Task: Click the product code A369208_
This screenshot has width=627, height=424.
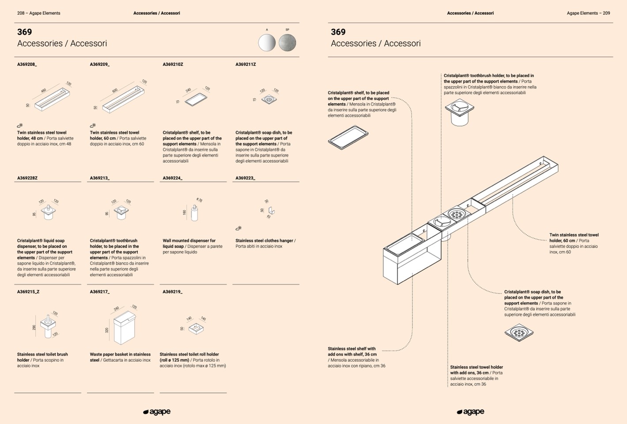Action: pyautogui.click(x=27, y=65)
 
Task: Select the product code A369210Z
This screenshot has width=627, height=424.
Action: pyautogui.click(x=173, y=65)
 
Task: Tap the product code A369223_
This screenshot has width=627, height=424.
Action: pyautogui.click(x=245, y=178)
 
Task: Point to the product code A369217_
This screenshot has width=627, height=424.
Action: pyautogui.click(x=99, y=292)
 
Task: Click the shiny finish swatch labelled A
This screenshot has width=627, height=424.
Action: pyautogui.click(x=267, y=43)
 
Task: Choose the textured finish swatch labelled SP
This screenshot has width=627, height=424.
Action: pyautogui.click(x=287, y=43)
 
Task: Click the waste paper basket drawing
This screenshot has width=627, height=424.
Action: pyautogui.click(x=124, y=328)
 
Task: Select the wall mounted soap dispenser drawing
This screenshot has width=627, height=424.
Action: pyautogui.click(x=194, y=213)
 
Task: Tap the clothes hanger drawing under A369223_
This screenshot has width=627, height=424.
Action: pyautogui.click(x=271, y=211)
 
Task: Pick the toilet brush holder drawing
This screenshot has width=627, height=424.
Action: pyautogui.click(x=48, y=326)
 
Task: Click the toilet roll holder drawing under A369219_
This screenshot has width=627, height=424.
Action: pyautogui.click(x=196, y=328)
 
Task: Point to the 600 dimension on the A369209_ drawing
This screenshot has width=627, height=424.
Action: pyautogui.click(x=115, y=91)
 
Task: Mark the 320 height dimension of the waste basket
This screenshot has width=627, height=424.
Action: pyautogui.click(x=107, y=330)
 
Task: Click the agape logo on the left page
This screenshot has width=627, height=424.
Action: pyautogui.click(x=157, y=412)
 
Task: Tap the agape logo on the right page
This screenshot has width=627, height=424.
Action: pyautogui.click(x=470, y=412)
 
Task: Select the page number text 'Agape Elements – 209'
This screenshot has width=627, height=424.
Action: pyautogui.click(x=588, y=13)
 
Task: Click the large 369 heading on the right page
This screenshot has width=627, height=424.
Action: pyautogui.click(x=338, y=32)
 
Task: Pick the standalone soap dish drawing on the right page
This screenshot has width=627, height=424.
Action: pyautogui.click(x=519, y=332)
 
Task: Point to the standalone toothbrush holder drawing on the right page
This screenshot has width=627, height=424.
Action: pyautogui.click(x=459, y=112)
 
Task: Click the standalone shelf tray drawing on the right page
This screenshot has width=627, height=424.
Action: pyautogui.click(x=348, y=137)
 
